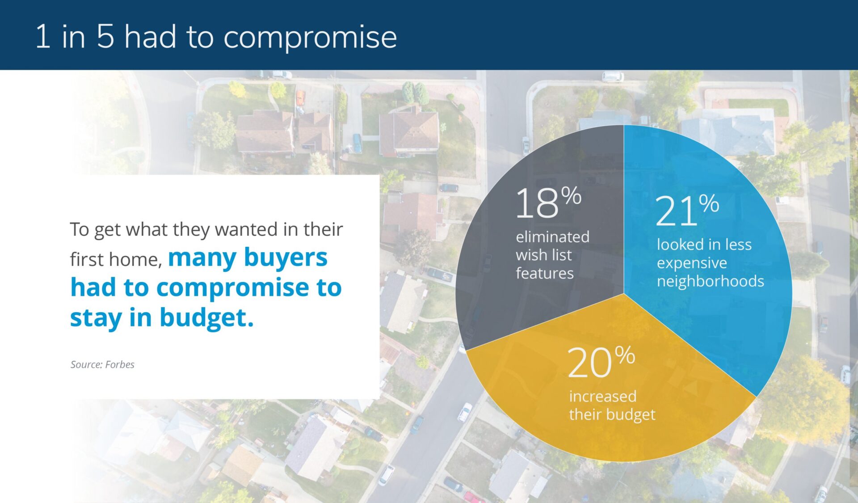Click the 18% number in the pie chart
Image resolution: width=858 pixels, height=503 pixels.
(548, 203)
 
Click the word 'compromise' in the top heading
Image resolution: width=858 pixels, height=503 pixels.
(310, 37)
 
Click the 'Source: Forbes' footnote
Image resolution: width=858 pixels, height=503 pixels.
(102, 364)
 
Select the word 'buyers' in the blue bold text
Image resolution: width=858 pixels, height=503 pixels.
(286, 258)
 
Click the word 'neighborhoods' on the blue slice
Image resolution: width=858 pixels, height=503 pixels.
(710, 281)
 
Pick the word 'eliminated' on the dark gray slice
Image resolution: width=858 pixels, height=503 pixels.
(552, 237)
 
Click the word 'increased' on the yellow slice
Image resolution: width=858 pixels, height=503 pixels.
(602, 396)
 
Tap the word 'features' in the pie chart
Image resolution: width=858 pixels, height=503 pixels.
(544, 273)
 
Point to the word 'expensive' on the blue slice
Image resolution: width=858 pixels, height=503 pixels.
(691, 263)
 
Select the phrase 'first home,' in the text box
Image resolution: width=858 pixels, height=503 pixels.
(116, 259)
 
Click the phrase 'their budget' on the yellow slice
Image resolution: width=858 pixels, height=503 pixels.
(612, 414)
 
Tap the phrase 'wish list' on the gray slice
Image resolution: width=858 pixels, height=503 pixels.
(543, 255)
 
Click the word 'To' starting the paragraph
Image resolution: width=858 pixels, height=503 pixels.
(80, 229)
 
